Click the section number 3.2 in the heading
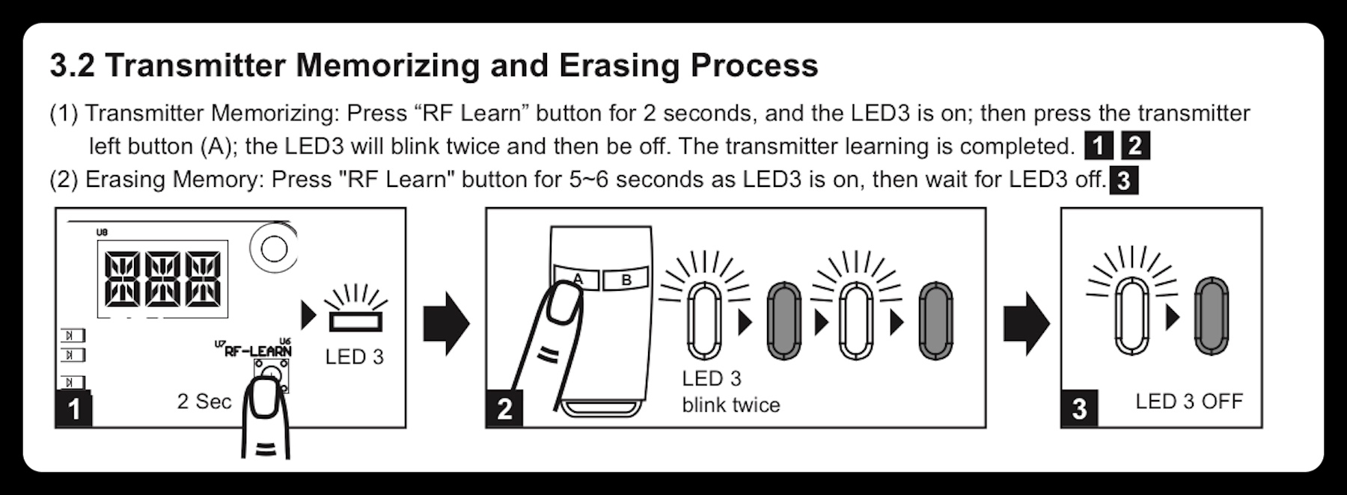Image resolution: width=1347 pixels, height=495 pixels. pyautogui.click(x=73, y=66)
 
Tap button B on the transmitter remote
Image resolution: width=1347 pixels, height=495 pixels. pyautogui.click(x=626, y=280)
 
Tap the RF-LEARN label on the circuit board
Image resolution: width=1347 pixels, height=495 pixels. pyautogui.click(x=257, y=350)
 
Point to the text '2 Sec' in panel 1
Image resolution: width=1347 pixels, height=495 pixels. pyautogui.click(x=204, y=402)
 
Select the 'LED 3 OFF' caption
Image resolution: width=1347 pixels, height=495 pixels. pyautogui.click(x=1189, y=402)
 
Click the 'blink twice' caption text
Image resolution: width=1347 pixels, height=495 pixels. pyautogui.click(x=731, y=405)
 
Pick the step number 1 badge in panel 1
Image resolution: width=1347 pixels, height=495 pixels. pyautogui.click(x=74, y=409)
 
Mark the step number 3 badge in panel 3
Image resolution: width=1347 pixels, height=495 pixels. pyautogui.click(x=1079, y=409)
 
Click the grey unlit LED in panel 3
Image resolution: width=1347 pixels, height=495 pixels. pyautogui.click(x=1211, y=316)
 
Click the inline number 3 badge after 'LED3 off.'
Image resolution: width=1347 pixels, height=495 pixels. pyautogui.click(x=1123, y=182)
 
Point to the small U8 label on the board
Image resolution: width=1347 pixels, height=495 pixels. pyautogui.click(x=102, y=233)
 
